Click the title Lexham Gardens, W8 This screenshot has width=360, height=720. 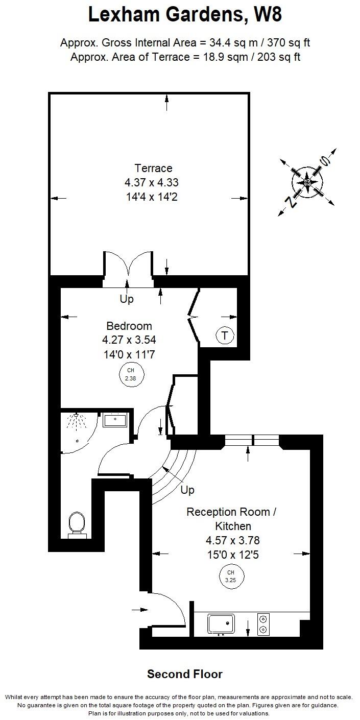pos(185,14)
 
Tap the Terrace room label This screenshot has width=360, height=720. pos(153,168)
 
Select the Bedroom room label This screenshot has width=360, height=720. pos(129,326)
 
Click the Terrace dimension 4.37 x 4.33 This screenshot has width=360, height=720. pos(151,182)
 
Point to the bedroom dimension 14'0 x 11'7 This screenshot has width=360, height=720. pos(129,354)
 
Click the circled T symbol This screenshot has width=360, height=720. pos(225,335)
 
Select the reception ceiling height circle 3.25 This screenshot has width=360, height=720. pos(230,576)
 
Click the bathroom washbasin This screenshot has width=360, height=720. pos(115,420)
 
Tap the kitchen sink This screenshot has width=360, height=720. pos(221,624)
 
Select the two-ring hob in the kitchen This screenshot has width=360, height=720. pos(263,625)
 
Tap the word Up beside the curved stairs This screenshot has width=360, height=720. pos(187,490)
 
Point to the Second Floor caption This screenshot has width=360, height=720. pos(185,674)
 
